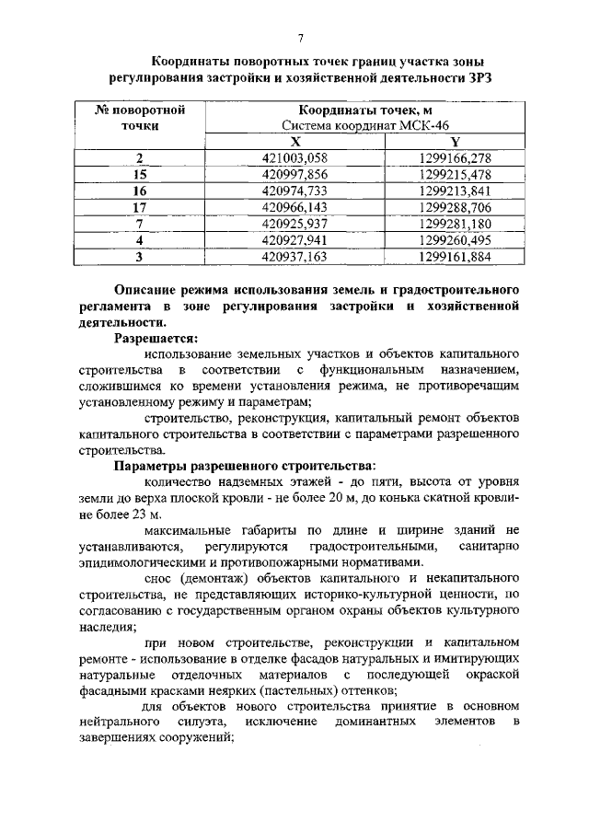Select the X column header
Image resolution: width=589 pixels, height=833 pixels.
point(295,141)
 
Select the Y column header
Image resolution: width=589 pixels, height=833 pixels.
point(455,141)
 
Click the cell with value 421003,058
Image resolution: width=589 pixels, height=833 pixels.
point(295,157)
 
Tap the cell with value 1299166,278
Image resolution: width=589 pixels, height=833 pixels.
point(455,157)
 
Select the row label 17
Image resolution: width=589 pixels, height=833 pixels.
point(140,207)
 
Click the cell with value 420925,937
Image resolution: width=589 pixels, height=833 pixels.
point(295,224)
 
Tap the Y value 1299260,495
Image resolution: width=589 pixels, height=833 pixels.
point(455,240)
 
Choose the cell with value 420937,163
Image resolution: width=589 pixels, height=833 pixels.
point(295,257)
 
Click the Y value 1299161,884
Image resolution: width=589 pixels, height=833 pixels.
point(455,257)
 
